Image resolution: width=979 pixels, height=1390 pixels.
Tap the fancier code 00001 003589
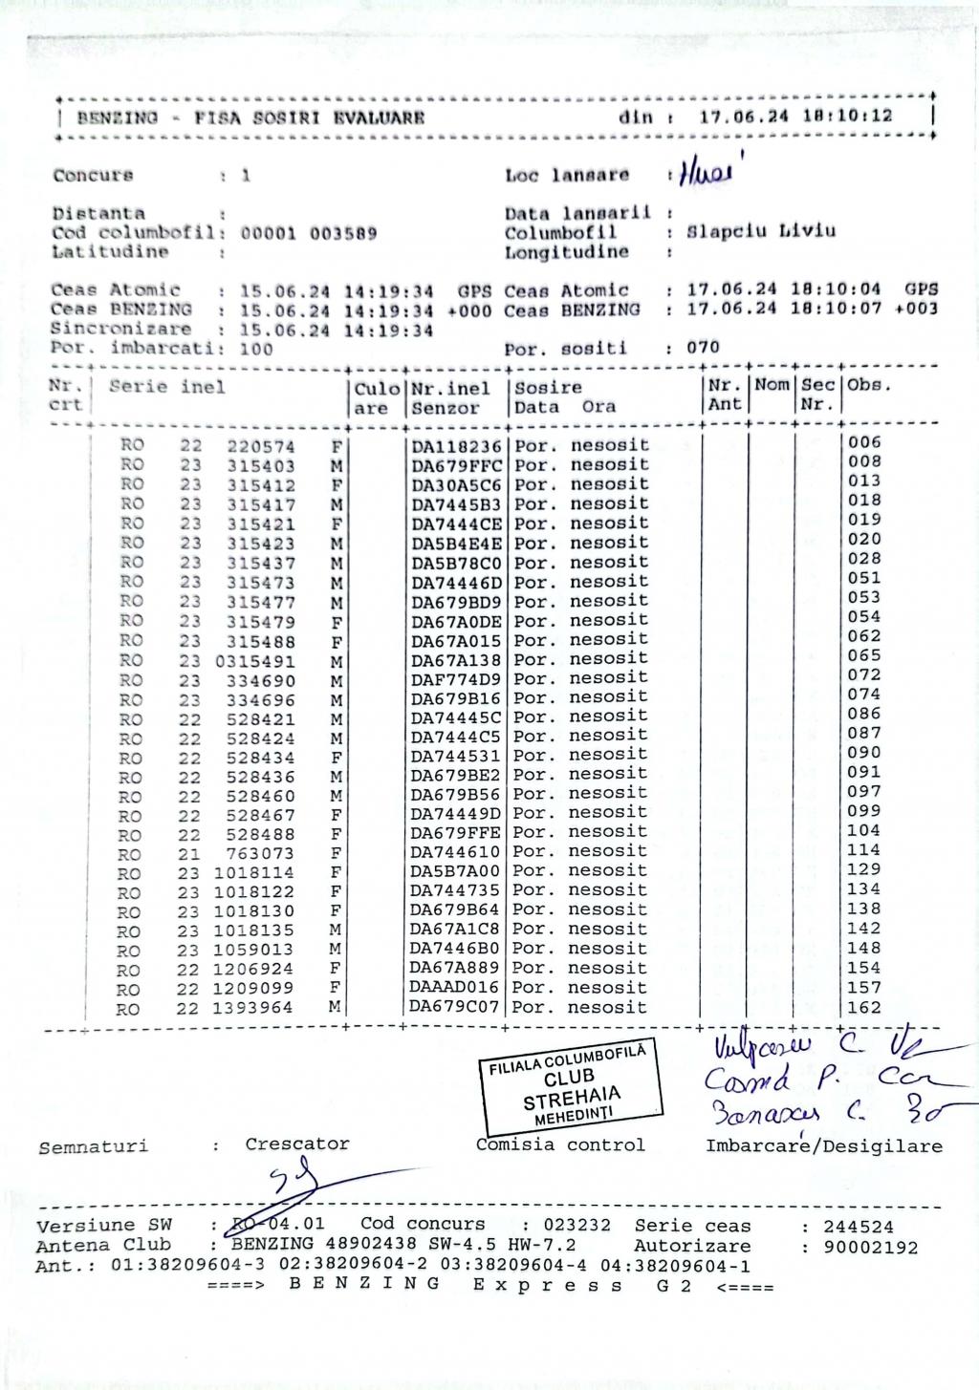[x=308, y=233]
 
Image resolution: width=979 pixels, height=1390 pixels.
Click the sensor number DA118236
[x=457, y=446]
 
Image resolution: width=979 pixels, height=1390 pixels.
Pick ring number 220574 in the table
[x=261, y=446]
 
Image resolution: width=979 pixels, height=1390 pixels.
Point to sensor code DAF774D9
[x=457, y=679]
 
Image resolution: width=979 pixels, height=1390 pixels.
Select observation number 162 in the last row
[x=863, y=1007]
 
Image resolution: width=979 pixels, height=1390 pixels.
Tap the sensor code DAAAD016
[x=455, y=988]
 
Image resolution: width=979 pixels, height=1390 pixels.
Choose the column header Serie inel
[x=167, y=387]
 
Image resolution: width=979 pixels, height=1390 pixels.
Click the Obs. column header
[x=868, y=386]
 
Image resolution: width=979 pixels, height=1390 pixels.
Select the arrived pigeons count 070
[x=703, y=348]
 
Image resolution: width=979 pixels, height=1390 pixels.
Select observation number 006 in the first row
[x=864, y=442]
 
